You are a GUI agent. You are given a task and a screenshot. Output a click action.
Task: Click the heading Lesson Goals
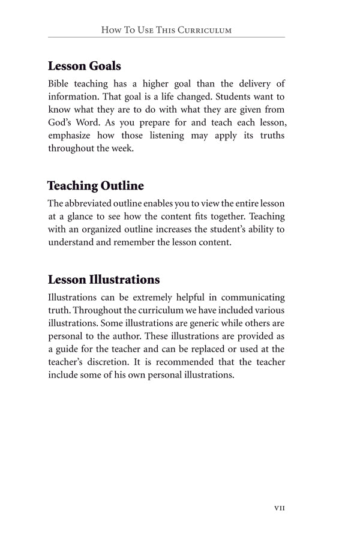pyautogui.click(x=85, y=65)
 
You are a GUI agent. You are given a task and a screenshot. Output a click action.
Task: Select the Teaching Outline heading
pyautogui.click(x=95, y=185)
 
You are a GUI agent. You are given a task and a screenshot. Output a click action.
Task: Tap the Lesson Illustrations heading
pyautogui.click(x=104, y=280)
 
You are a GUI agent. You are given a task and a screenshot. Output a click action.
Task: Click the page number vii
pyautogui.click(x=279, y=508)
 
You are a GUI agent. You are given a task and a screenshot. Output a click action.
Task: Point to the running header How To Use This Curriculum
pyautogui.click(x=167, y=29)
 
